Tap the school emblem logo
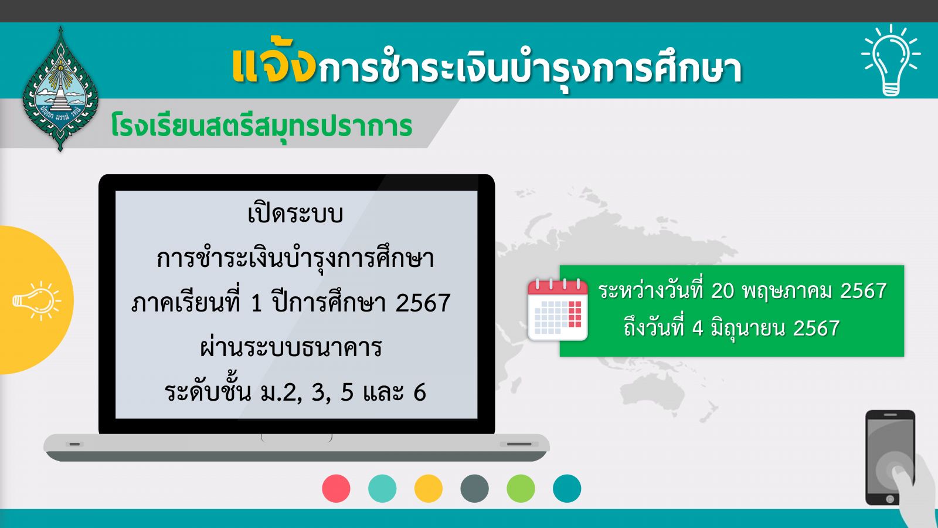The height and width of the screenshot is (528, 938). click(60, 89)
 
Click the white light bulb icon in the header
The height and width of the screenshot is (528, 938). click(891, 60)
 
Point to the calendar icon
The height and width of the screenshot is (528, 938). click(558, 309)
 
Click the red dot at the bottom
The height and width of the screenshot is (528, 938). click(337, 488)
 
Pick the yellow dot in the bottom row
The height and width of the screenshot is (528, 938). click(429, 488)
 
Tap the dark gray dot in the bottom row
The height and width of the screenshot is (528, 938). click(474, 488)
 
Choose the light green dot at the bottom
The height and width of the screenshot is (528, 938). click(521, 488)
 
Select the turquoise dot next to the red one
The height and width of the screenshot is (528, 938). click(382, 488)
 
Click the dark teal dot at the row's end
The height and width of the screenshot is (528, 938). click(567, 488)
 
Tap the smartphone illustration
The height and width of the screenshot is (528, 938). click(891, 458)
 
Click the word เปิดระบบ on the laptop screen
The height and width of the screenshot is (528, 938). click(295, 214)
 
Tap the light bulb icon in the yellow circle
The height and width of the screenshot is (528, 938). click(37, 301)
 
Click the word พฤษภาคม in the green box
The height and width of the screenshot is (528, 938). click(788, 291)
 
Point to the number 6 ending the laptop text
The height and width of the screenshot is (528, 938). click(420, 392)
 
